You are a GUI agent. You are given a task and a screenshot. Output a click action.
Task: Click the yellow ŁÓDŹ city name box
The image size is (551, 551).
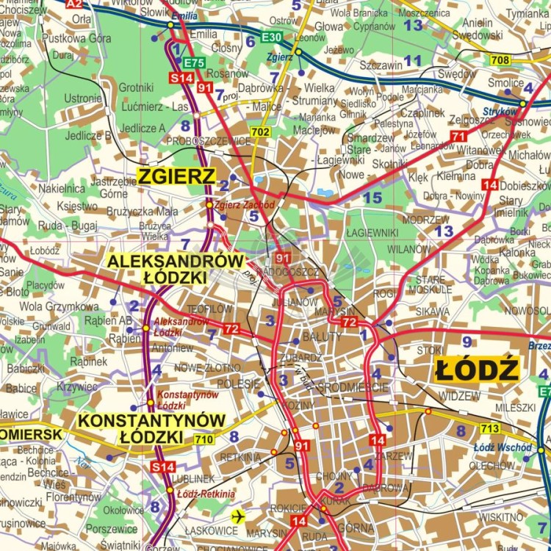pyautogui.click(x=477, y=369)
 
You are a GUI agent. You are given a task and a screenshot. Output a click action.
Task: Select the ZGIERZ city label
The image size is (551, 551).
pyautogui.click(x=176, y=176)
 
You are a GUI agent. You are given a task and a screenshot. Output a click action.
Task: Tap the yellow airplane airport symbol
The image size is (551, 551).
pyautogui.click(x=237, y=516)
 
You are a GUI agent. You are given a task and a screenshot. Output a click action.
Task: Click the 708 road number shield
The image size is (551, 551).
pyautogui.click(x=500, y=60)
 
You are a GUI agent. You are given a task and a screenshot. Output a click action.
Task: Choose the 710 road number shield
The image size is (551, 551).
pyautogui.click(x=205, y=439)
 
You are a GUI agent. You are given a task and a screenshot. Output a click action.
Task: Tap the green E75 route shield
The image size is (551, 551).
pyautogui.click(x=194, y=64)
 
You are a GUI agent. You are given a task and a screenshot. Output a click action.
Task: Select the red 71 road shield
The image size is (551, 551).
pyautogui.click(x=458, y=137)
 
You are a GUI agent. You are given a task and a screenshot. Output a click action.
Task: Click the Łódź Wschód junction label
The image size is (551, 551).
pyautogui.click(x=503, y=447)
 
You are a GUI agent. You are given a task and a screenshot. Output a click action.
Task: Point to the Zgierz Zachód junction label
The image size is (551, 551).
pyautogui.click(x=245, y=205)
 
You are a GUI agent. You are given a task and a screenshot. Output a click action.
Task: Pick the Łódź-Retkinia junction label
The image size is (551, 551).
pyautogui.click(x=206, y=494)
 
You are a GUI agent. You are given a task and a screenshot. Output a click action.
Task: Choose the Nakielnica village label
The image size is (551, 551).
pyautogui.click(x=62, y=189)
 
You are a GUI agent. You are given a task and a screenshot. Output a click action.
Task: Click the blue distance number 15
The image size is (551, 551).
pyautogui.click(x=372, y=197)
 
